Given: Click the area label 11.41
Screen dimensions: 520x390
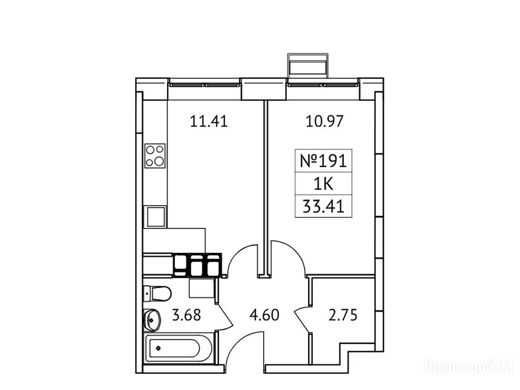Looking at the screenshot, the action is [x=209, y=121].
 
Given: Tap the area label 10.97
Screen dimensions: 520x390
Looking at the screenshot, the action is [x=324, y=121].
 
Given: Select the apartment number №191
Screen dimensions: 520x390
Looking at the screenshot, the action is [x=323, y=161].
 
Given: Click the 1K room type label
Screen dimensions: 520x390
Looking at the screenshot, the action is [x=323, y=184].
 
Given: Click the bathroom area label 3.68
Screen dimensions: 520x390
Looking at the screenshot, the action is [x=186, y=315].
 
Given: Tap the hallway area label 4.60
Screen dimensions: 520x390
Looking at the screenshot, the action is [x=264, y=315].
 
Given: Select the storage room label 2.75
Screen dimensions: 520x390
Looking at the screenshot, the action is [x=343, y=315].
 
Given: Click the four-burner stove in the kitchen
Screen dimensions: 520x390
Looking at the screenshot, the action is [x=155, y=155].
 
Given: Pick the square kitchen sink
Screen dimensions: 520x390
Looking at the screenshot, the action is [x=155, y=217].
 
